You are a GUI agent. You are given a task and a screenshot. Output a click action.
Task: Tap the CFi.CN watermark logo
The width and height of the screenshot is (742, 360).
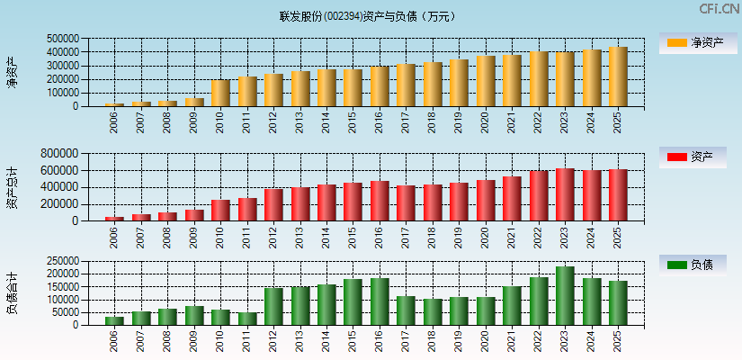[719, 9]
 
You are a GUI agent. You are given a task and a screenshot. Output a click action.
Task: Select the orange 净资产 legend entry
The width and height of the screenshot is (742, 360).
[692, 42]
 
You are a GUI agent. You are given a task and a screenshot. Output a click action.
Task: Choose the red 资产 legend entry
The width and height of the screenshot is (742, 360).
[692, 157]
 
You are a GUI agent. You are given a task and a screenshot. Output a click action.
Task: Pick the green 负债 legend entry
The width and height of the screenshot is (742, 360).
[692, 265]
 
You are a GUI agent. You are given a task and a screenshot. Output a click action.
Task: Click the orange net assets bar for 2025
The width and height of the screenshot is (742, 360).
[618, 76]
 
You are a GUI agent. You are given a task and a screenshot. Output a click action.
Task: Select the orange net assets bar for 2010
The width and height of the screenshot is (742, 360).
[220, 93]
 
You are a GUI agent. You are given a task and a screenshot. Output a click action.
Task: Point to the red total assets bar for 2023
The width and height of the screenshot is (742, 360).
[565, 194]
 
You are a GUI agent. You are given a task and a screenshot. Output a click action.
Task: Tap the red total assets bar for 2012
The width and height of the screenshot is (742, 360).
[273, 204]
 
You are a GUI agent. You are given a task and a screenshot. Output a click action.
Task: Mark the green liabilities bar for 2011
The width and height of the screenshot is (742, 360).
[247, 319]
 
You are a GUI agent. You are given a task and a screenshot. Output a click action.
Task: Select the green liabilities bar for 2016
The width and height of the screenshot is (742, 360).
[380, 301]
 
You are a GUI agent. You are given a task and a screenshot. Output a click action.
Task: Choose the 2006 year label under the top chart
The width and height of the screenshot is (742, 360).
[114, 122]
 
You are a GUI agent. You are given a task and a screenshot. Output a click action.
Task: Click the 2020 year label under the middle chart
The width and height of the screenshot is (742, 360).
[486, 237]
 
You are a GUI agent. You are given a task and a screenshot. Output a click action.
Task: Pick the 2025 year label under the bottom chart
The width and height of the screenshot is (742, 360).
[618, 341]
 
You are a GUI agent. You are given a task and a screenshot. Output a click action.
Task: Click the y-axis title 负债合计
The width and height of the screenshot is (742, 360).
[12, 292]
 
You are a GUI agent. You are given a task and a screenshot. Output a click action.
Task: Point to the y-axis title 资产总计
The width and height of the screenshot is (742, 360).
[12, 187]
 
